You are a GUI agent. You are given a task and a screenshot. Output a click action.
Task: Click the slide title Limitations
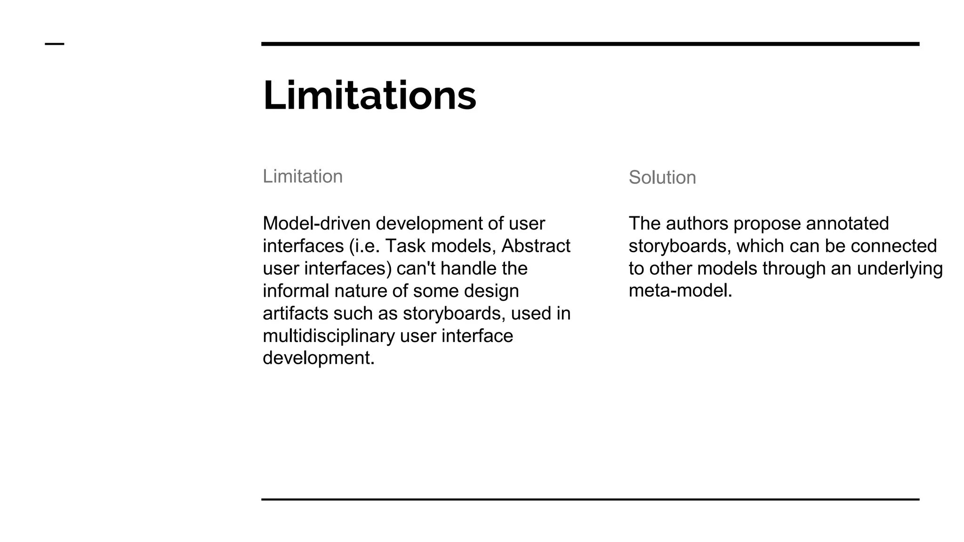pos(370,96)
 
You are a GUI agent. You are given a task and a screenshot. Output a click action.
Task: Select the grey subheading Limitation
pos(303,176)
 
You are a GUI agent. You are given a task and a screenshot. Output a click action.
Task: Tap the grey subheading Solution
pos(662,177)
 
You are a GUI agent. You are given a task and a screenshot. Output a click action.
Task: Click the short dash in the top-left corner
pos(55,44)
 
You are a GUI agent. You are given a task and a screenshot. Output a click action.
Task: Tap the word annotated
pos(847,223)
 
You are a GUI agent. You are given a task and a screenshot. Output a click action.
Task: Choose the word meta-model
pos(680,291)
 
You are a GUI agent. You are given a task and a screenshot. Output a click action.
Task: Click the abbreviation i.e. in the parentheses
pos(368,246)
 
